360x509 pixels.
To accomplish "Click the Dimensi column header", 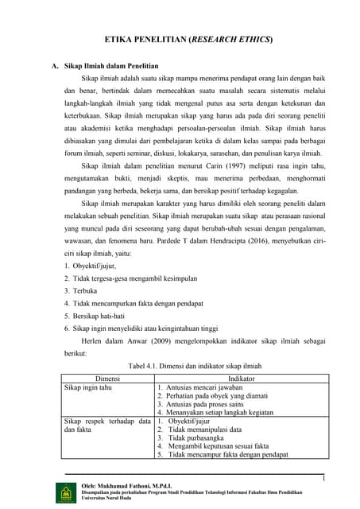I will [107, 379].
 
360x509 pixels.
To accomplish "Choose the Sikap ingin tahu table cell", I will [89, 388].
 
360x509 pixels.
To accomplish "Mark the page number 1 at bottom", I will [324, 477].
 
